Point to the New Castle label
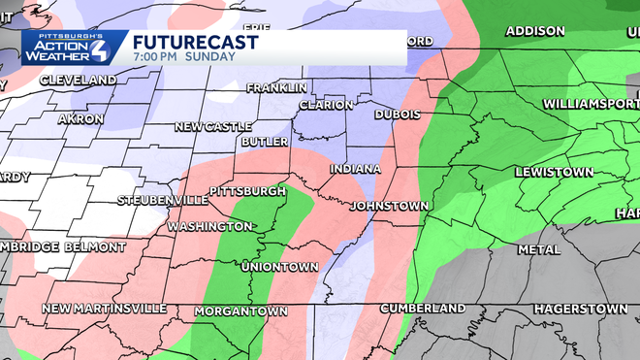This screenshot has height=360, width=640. click(x=213, y=127)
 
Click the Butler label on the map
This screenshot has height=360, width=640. click(x=265, y=142)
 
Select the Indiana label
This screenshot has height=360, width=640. click(x=355, y=170)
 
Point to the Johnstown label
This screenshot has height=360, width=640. click(x=389, y=207)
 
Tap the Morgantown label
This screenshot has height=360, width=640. click(x=240, y=311)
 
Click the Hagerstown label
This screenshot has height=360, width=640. click(x=580, y=309)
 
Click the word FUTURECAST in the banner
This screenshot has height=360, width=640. click(x=195, y=42)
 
